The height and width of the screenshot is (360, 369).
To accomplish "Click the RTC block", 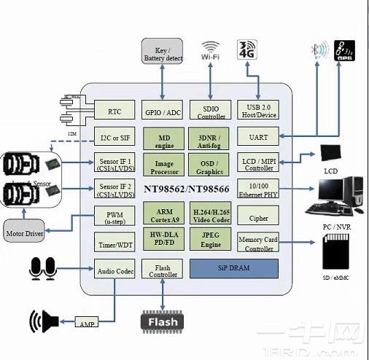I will [x=114, y=111].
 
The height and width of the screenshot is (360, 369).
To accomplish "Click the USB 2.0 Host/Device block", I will [x=258, y=111].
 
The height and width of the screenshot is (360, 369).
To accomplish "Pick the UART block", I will [x=258, y=136].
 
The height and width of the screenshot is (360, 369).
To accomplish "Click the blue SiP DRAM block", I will [x=233, y=268].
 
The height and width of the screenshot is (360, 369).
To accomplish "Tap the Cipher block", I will [x=258, y=217].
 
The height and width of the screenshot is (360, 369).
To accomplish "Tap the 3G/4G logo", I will [x=248, y=51].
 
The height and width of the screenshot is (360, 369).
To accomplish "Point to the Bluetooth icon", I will [x=317, y=51].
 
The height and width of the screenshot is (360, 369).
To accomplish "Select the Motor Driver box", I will [x=25, y=234].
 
